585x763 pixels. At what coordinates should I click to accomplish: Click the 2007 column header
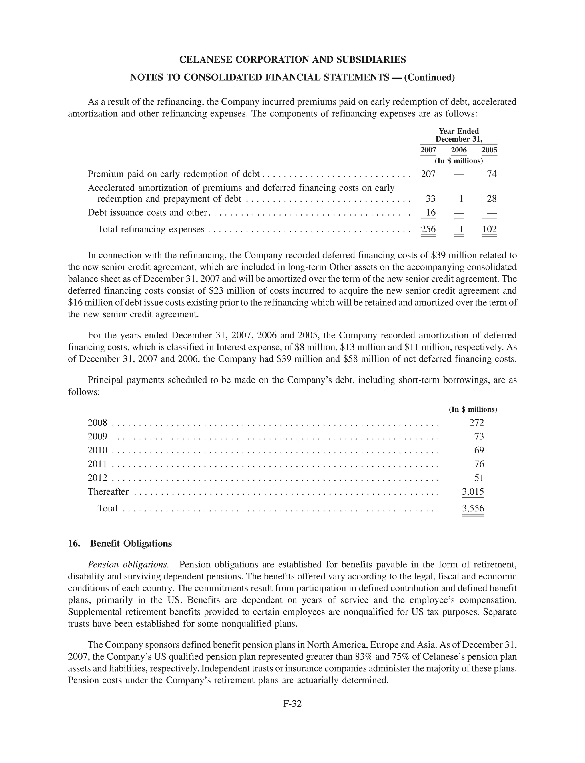point(428,150)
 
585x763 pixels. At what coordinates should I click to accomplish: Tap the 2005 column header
point(489,150)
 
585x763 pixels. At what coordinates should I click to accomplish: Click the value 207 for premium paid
point(428,174)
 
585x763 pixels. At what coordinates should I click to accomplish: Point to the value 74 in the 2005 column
point(492,174)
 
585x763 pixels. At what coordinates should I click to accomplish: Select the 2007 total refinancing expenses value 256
point(428,229)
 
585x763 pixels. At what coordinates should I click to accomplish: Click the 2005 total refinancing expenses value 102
point(489,229)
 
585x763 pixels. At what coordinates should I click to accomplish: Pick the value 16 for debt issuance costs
point(431,212)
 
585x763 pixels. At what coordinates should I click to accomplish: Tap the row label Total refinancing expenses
point(151,229)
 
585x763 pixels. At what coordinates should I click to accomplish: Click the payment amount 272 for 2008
point(477,423)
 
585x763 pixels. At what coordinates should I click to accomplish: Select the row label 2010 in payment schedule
point(97,450)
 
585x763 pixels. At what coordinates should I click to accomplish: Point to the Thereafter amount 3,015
point(473,492)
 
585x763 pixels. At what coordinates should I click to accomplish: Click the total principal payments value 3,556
point(473,508)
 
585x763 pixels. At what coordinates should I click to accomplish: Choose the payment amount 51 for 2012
point(479,478)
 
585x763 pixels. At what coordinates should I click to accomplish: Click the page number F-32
point(292,704)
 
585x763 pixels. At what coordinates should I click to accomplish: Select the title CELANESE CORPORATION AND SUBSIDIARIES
point(292,59)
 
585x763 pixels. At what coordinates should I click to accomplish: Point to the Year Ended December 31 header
point(458,135)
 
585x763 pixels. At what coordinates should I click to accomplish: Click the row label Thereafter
point(108,492)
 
